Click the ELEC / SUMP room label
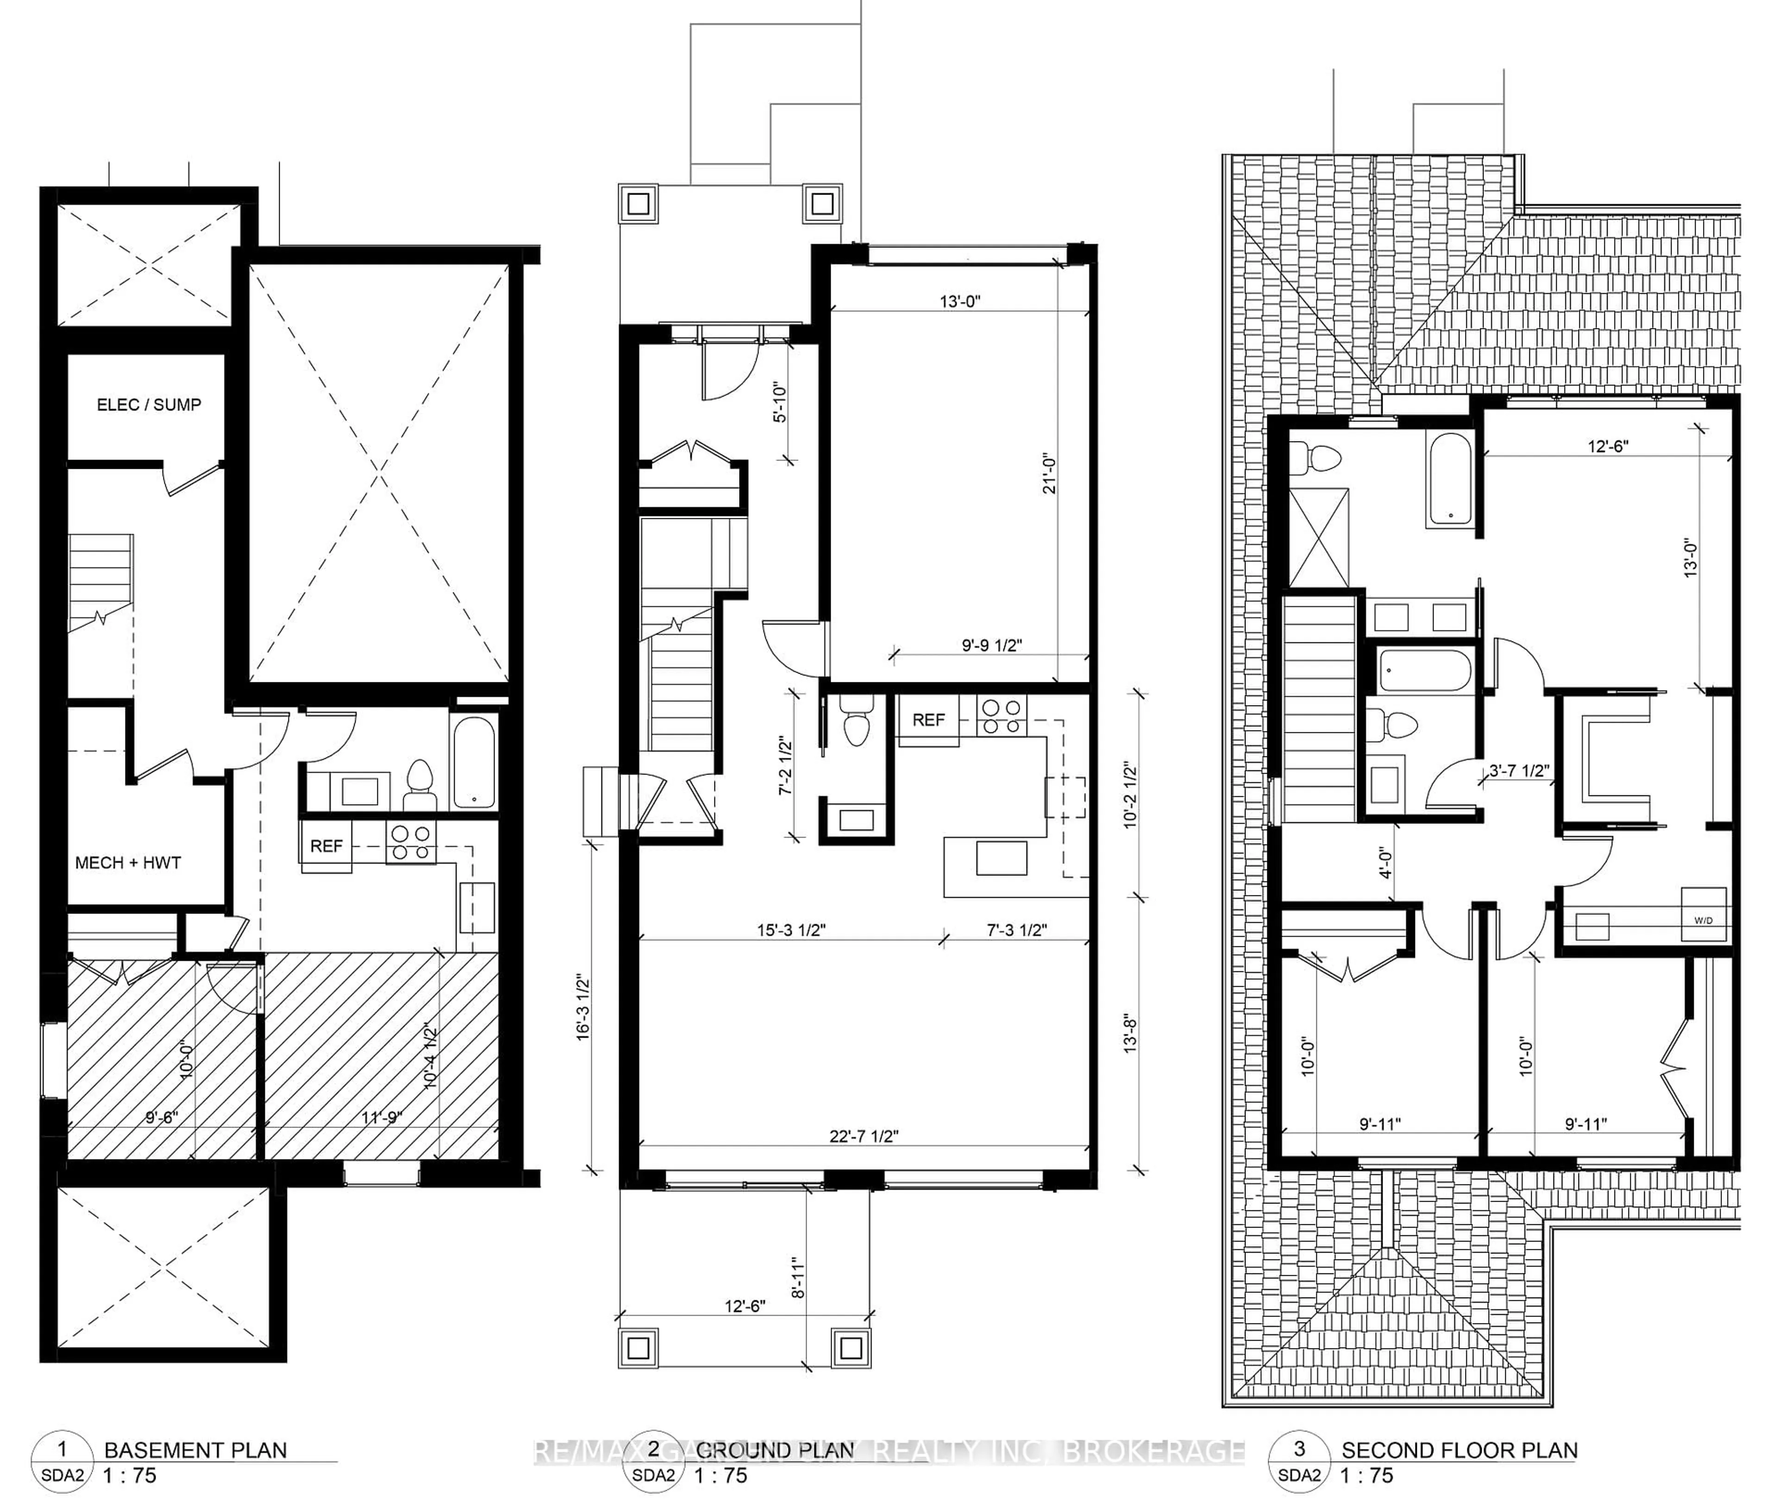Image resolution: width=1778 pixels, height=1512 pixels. (x=148, y=404)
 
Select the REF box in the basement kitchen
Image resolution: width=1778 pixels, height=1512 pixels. (x=326, y=846)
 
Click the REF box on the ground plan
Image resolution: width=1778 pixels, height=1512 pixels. (x=928, y=720)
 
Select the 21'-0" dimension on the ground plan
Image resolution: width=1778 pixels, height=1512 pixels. (x=1051, y=473)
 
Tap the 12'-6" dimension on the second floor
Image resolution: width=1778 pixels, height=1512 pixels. (x=1608, y=446)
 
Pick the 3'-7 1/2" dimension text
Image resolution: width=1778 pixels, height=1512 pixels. (x=1518, y=770)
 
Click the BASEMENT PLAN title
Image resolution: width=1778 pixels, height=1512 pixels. (x=195, y=1450)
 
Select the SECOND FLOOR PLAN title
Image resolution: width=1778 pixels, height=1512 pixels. (x=1459, y=1450)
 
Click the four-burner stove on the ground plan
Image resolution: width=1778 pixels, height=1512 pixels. (x=1002, y=717)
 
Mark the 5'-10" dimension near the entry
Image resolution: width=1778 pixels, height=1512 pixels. (x=779, y=402)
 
